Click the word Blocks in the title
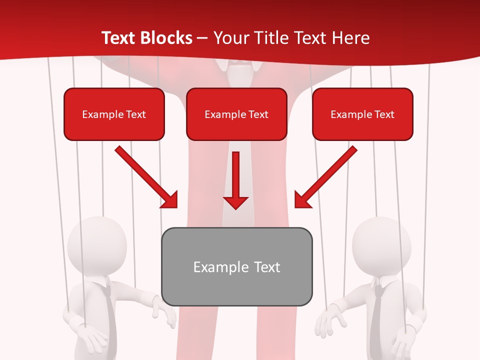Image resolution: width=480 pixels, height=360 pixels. [167, 38]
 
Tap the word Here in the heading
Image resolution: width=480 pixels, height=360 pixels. [351, 38]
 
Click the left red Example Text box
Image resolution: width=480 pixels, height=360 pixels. [114, 114]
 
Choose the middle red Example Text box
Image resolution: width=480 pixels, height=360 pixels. [236, 114]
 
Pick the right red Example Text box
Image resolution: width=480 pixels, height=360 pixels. [362, 114]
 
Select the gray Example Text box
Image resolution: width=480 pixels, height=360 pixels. [237, 266]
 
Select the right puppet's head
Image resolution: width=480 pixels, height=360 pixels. [381, 245]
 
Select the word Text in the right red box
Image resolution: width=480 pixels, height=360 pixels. [384, 114]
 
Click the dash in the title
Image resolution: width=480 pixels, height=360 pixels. [202, 38]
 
